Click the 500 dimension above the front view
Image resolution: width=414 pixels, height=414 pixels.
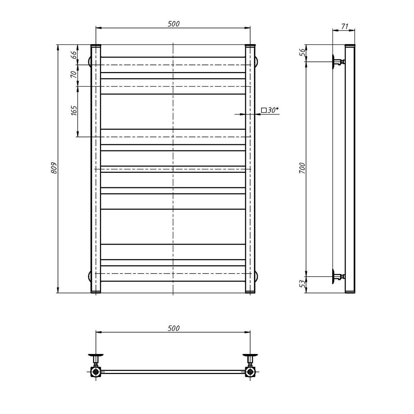[174, 24]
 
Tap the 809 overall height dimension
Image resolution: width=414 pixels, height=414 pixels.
[54, 168]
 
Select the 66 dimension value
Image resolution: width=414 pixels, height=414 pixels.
[74, 55]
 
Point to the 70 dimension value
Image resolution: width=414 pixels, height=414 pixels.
[74, 74]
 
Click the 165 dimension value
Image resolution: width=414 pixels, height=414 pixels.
[74, 110]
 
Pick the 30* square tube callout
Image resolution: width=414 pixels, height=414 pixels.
[270, 110]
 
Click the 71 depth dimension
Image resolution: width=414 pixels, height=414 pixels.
[344, 26]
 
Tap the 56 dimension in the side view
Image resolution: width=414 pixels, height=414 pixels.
[302, 52]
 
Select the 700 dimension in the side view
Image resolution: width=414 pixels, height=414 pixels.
[302, 168]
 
